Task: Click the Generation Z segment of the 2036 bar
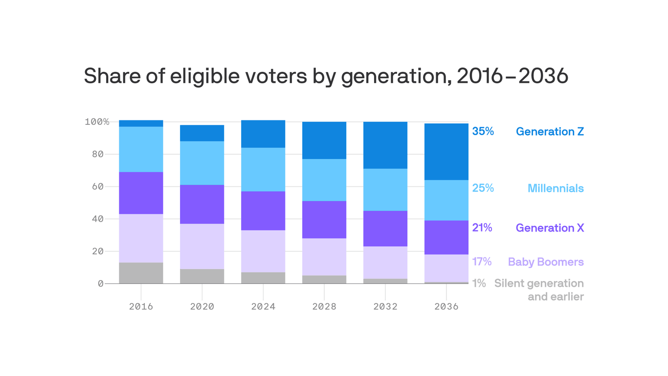pyautogui.click(x=446, y=152)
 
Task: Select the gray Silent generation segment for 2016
pyautogui.click(x=141, y=273)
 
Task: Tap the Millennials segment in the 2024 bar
pyautogui.click(x=263, y=169)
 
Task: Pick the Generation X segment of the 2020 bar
pyautogui.click(x=202, y=204)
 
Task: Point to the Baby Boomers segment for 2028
pyautogui.click(x=324, y=257)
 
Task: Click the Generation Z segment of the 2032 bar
pyautogui.click(x=385, y=145)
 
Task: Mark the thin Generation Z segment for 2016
pyautogui.click(x=141, y=123)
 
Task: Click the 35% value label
pyautogui.click(x=483, y=132)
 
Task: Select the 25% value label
pyautogui.click(x=483, y=188)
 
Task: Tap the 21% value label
pyautogui.click(x=482, y=228)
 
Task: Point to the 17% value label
pyautogui.click(x=482, y=262)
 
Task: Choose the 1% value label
pyautogui.click(x=479, y=283)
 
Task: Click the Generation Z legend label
pyautogui.click(x=550, y=132)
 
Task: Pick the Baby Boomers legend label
pyautogui.click(x=546, y=262)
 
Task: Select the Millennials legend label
pyautogui.click(x=556, y=188)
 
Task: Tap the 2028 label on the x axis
pyautogui.click(x=324, y=307)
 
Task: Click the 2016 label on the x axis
pyautogui.click(x=141, y=307)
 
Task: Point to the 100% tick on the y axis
pyautogui.click(x=97, y=122)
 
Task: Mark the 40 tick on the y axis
pyautogui.click(x=97, y=219)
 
